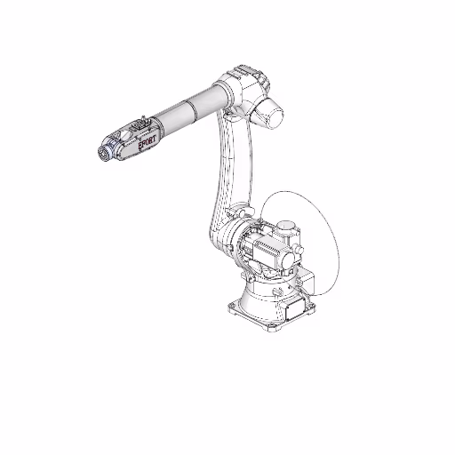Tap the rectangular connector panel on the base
pyautogui.click(x=294, y=309)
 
